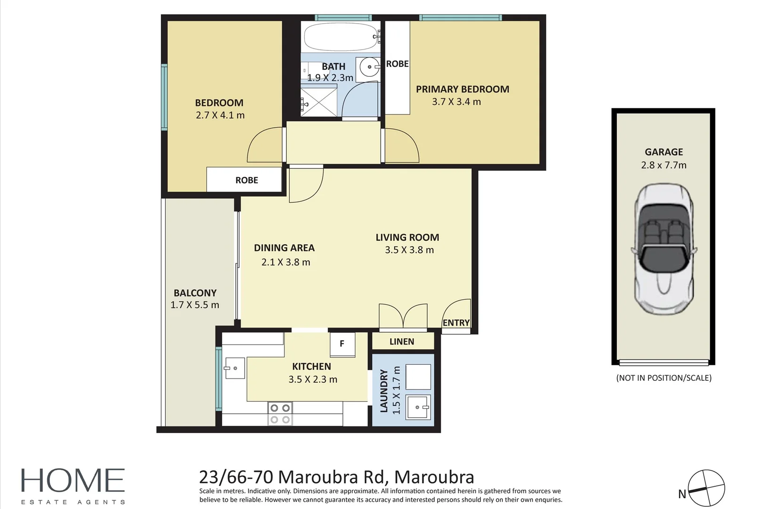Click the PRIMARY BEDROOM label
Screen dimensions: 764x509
coord(463,89)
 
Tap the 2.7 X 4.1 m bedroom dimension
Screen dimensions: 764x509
coord(220,115)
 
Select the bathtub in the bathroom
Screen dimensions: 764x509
coord(342,37)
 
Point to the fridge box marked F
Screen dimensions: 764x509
coord(342,345)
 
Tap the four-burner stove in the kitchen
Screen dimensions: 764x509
coord(280,413)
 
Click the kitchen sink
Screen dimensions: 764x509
coord(234,368)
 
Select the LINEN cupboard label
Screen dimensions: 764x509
coord(402,342)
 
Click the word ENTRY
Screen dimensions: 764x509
coord(456,322)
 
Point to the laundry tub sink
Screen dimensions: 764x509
coord(418,407)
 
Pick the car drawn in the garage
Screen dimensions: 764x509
coord(664,249)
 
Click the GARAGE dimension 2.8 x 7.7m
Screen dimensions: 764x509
coord(664,165)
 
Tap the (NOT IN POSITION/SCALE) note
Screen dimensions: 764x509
coord(664,378)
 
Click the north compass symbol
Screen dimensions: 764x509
coord(706,488)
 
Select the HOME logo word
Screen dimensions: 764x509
coord(73,480)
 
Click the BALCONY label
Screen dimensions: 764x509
coord(195,293)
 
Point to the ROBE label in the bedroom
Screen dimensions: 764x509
coord(247,180)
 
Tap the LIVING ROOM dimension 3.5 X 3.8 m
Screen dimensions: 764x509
coord(409,250)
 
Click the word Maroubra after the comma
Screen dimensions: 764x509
coord(434,477)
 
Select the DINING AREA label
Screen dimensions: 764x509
coord(284,248)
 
